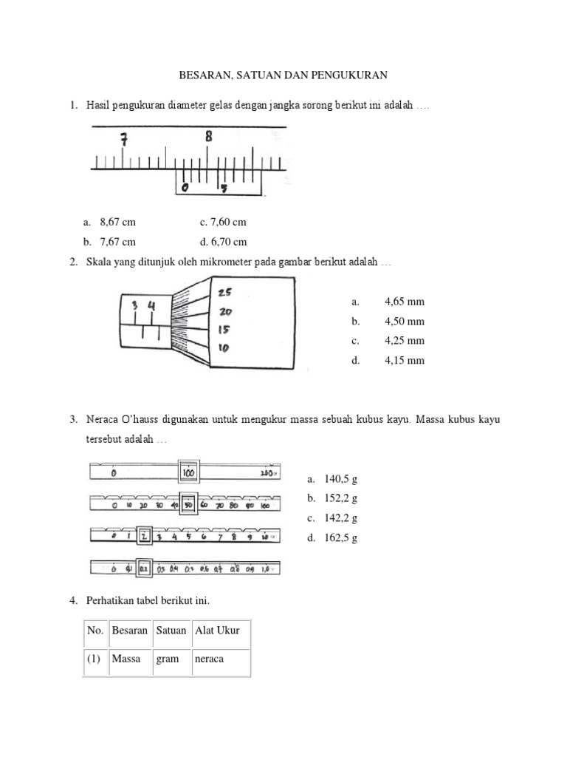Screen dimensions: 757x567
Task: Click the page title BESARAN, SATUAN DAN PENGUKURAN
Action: tap(284, 75)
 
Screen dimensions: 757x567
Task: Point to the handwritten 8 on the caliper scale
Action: tap(209, 136)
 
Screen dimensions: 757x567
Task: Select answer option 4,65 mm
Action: tap(405, 302)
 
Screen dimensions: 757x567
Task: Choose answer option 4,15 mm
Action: tap(405, 361)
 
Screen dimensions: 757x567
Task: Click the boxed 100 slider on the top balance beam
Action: tap(188, 471)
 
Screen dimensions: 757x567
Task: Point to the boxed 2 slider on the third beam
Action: tap(145, 536)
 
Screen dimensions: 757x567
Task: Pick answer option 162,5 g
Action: tap(340, 538)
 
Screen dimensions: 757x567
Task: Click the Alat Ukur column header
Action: tap(217, 631)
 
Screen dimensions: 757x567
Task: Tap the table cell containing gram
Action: tap(168, 659)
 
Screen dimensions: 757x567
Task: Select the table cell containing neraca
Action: tap(209, 659)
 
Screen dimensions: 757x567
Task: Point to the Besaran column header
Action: tap(129, 631)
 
